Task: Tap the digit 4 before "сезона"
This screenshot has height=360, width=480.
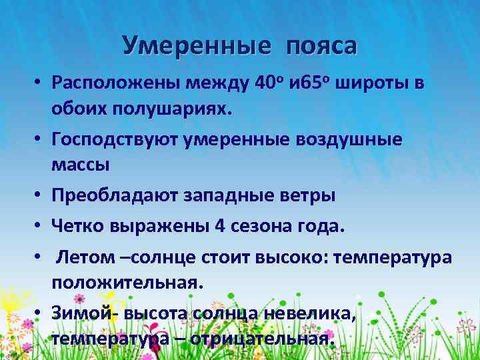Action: click(x=219, y=226)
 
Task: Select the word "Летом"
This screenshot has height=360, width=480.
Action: click(x=80, y=257)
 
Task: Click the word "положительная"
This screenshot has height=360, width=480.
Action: click(x=125, y=281)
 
